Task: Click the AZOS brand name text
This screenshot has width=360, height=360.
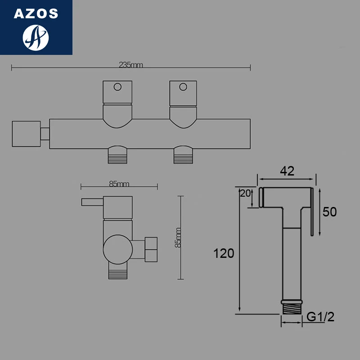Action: click(36, 13)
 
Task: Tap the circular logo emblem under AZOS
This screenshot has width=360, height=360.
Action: click(36, 37)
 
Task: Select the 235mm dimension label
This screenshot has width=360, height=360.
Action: click(130, 65)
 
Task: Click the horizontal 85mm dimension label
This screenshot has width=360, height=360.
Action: click(119, 184)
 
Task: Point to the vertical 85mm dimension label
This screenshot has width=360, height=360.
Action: click(178, 237)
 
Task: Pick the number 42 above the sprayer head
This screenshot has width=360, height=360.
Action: click(287, 171)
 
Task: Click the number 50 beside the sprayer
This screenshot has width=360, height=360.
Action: click(330, 212)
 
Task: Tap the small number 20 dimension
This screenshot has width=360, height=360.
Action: click(245, 193)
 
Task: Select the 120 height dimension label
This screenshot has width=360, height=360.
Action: click(224, 253)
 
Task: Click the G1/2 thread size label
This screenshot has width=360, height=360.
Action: click(320, 317)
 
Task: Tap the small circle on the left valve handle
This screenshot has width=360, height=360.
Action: click(118, 86)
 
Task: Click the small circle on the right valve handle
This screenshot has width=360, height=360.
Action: click(183, 86)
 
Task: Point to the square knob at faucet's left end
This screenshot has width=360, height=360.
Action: click(25, 134)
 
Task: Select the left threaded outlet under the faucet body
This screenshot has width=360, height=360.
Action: click(118, 157)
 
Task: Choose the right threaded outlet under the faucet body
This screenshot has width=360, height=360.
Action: click(183, 157)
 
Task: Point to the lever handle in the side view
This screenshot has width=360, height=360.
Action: click(92, 201)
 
